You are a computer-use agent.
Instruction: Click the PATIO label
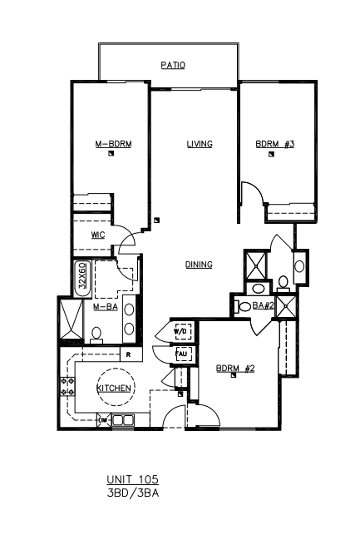click(173, 65)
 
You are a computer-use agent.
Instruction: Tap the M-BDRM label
click(114, 144)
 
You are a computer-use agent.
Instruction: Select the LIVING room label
click(200, 144)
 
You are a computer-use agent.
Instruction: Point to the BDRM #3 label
click(275, 144)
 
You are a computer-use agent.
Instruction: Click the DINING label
click(199, 265)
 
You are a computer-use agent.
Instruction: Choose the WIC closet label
click(98, 235)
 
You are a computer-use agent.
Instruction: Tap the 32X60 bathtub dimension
click(82, 275)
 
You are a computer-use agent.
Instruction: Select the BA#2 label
click(264, 305)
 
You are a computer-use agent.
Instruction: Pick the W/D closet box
click(182, 332)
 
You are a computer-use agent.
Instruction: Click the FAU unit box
click(183, 354)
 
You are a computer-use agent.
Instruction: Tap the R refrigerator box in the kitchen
click(131, 354)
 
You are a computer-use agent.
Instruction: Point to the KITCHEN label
click(114, 388)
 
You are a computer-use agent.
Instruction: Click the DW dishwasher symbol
click(103, 420)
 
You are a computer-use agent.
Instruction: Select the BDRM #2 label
click(235, 368)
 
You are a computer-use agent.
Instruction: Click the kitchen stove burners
click(67, 387)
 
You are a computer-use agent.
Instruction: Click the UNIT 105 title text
click(133, 479)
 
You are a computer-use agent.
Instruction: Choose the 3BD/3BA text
click(133, 493)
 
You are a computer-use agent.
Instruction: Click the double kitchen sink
click(123, 420)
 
